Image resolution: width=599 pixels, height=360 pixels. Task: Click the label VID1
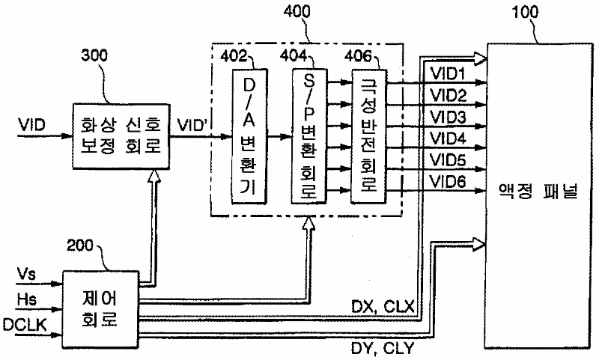pos(448,75)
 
